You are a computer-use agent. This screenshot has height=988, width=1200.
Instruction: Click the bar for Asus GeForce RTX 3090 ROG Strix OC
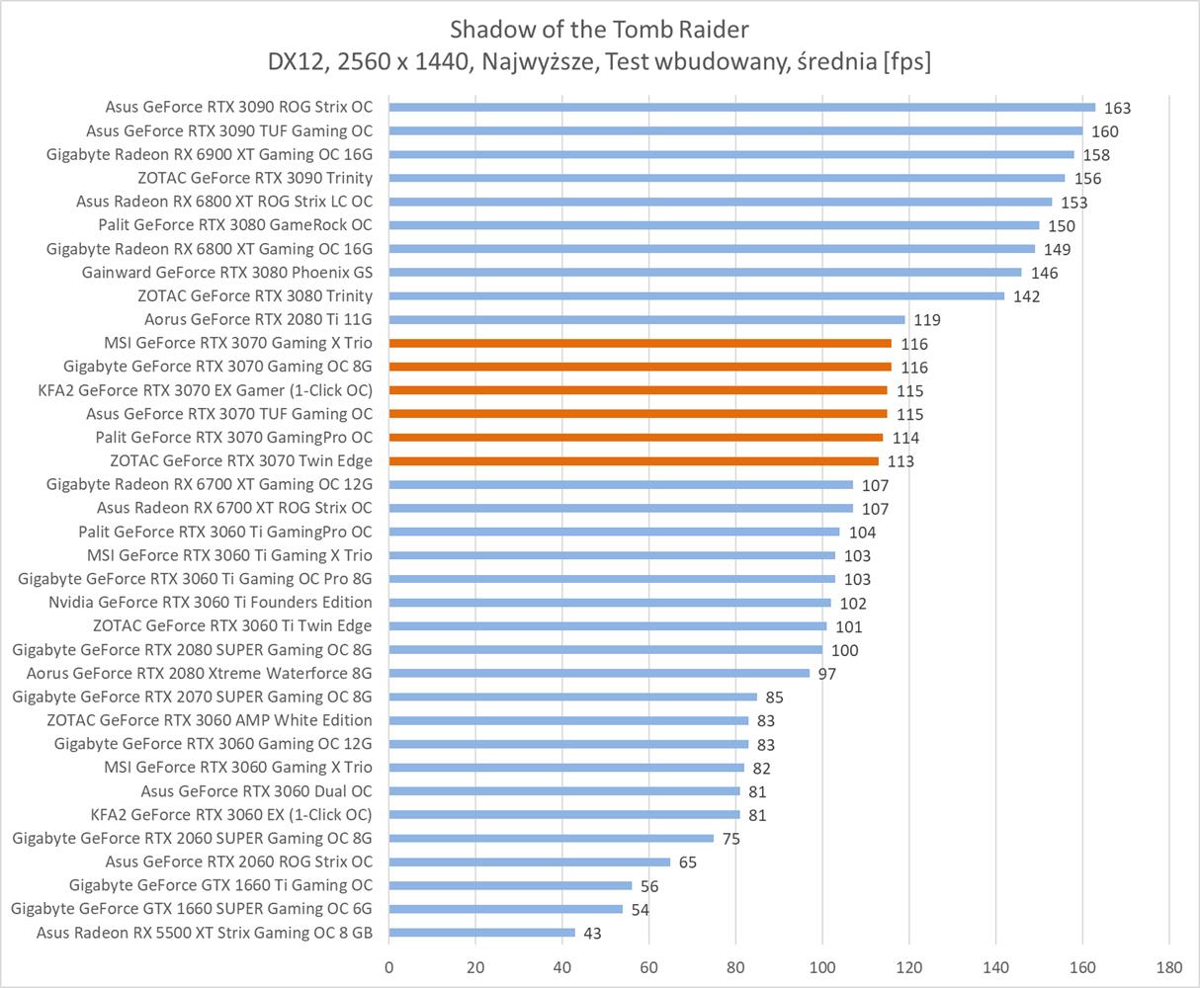pyautogui.click(x=741, y=107)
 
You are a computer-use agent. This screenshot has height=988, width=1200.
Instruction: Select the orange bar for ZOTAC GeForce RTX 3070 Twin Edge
pyautogui.click(x=634, y=460)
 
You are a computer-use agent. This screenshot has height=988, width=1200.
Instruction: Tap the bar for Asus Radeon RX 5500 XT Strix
pyautogui.click(x=481, y=933)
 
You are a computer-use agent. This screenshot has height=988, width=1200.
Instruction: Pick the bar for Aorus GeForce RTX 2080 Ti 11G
pyautogui.click(x=646, y=319)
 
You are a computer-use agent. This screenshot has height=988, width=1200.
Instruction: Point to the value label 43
pyautogui.click(x=592, y=934)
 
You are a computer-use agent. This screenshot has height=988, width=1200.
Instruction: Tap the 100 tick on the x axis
pyautogui.click(x=822, y=965)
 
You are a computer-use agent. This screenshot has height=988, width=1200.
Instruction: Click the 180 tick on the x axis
pyautogui.click(x=1168, y=965)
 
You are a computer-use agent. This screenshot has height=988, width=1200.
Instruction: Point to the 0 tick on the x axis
pyautogui.click(x=389, y=965)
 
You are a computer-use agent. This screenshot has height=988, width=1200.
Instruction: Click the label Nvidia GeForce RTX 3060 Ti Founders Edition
pyautogui.click(x=211, y=603)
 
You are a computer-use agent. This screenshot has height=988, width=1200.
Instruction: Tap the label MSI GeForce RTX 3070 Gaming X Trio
pyautogui.click(x=238, y=343)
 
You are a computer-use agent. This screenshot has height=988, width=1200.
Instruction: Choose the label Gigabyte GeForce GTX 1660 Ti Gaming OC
pyautogui.click(x=221, y=885)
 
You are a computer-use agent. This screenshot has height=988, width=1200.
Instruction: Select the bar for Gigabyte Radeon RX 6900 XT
pyautogui.click(x=731, y=154)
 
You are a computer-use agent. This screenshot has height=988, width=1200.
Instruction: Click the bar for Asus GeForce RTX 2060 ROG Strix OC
pyautogui.click(x=530, y=862)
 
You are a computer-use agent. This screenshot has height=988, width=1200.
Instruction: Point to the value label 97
pyautogui.click(x=827, y=674)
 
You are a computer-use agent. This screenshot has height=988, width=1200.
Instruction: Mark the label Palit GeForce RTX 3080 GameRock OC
pyautogui.click(x=235, y=225)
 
